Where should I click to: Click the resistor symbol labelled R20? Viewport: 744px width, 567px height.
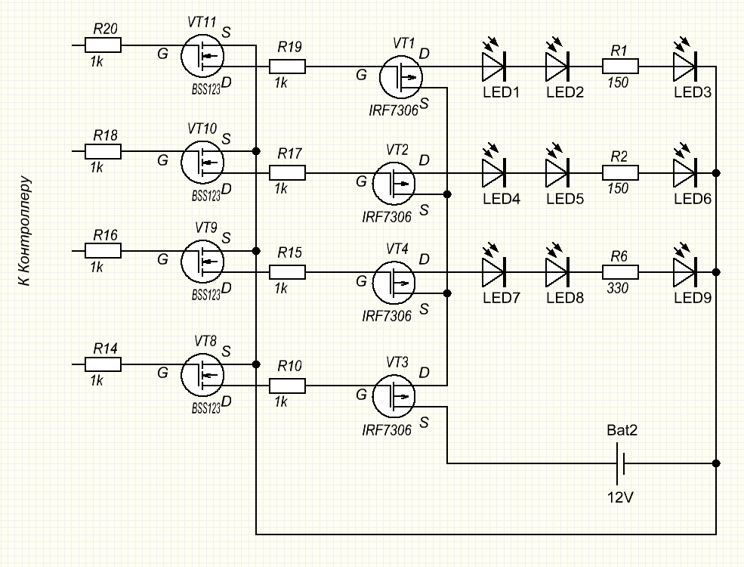click(x=104, y=45)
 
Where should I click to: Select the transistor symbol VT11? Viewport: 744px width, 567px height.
click(x=202, y=55)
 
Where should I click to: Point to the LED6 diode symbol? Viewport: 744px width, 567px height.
click(x=685, y=173)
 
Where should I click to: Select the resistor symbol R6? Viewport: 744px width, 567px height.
click(x=620, y=271)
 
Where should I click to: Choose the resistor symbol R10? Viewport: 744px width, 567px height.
click(x=288, y=386)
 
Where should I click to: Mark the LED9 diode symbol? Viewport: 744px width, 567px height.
click(x=685, y=271)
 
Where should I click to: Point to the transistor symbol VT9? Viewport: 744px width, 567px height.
click(x=202, y=261)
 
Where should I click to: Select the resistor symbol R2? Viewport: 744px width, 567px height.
click(x=620, y=173)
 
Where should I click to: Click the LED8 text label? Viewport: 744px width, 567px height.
click(x=565, y=298)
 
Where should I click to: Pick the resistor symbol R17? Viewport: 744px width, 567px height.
click(x=288, y=173)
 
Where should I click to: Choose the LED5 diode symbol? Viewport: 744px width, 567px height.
click(x=558, y=173)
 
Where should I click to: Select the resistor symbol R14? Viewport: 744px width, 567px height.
click(x=104, y=364)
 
